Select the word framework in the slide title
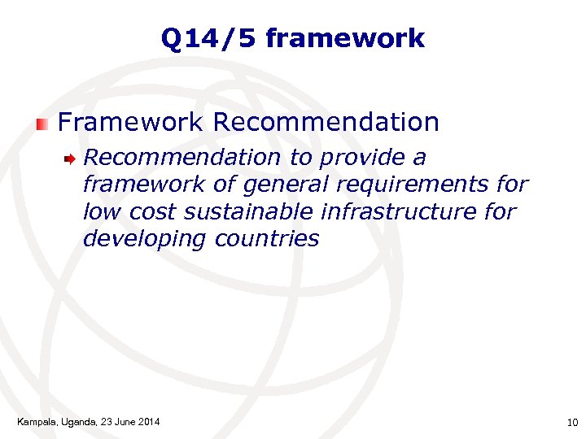[x=345, y=38]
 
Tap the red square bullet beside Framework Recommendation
[x=42, y=124]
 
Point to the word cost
[x=152, y=212]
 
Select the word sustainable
[x=251, y=212]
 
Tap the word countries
[x=267, y=239]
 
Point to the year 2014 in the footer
[x=148, y=421]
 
